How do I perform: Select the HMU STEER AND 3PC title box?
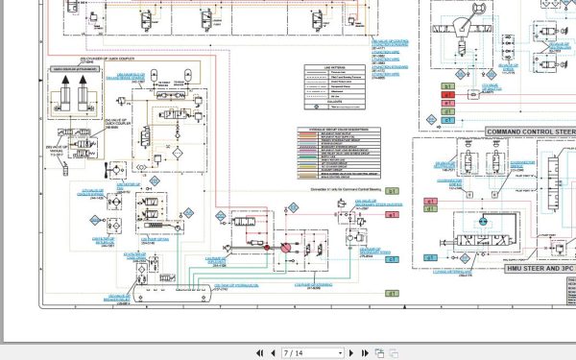(x=523, y=269)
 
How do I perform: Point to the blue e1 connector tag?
(x=393, y=259)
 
